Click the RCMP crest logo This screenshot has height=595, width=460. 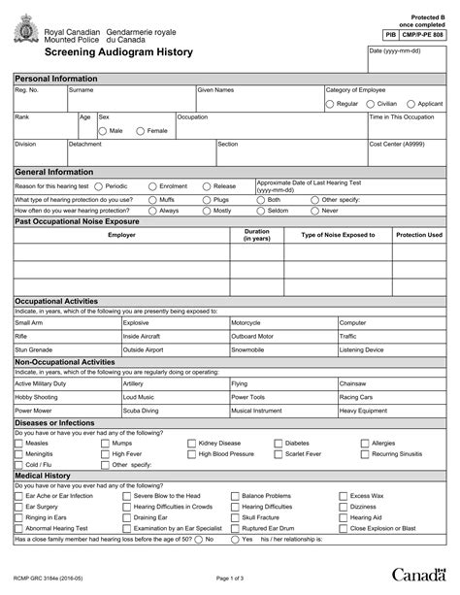[x=24, y=35]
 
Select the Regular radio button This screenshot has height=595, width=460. [x=331, y=103]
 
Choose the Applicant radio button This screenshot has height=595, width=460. [x=411, y=103]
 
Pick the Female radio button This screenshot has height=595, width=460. [x=141, y=130]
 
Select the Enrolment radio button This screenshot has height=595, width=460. [x=152, y=185]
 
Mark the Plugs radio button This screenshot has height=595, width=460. [x=207, y=198]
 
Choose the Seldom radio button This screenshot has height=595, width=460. [x=261, y=210]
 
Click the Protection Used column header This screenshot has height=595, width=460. [x=419, y=235]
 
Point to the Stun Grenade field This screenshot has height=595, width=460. [x=66, y=349]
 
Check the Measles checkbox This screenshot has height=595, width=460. [x=19, y=443]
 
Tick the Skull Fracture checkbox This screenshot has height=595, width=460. [x=235, y=517]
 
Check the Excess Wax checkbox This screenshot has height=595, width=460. [x=343, y=495]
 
